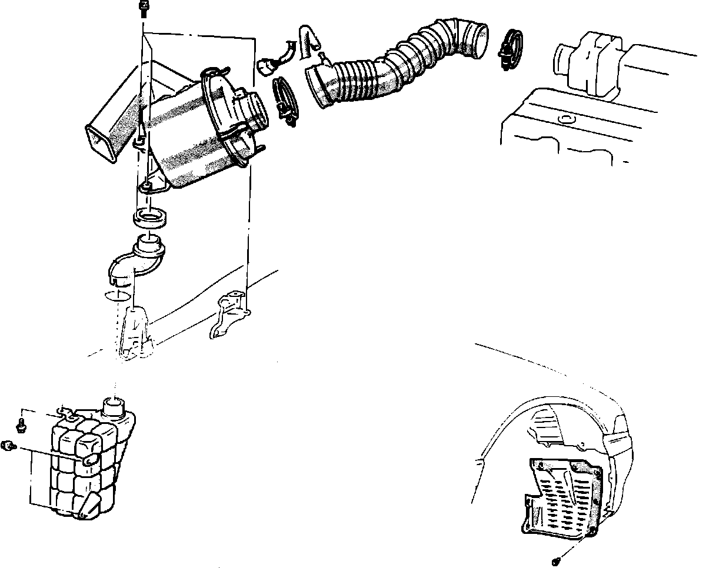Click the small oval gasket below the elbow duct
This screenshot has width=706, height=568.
(117, 294)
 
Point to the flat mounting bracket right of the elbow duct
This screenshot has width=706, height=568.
(229, 314)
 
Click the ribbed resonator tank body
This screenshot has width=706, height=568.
(88, 465)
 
